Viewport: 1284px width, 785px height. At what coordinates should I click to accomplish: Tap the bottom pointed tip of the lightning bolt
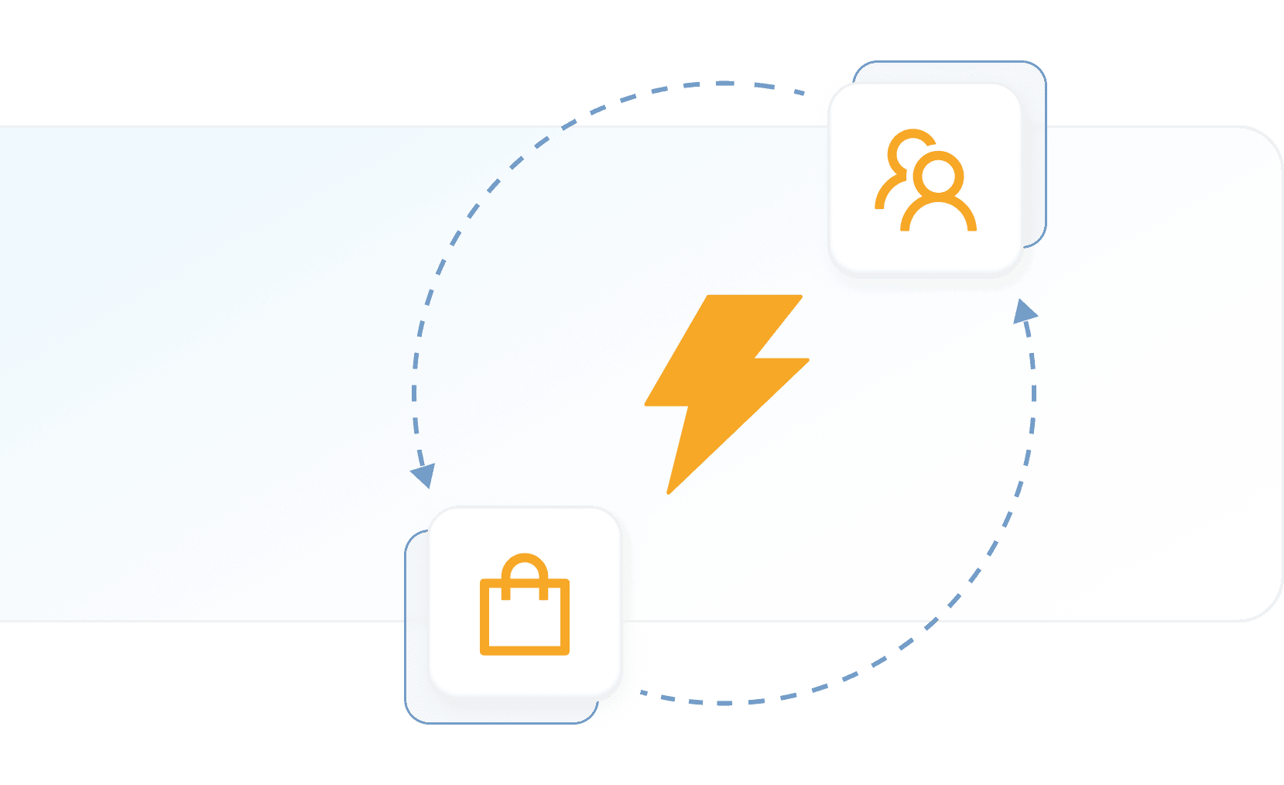(x=669, y=491)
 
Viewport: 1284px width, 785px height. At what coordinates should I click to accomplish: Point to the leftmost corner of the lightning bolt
(x=646, y=403)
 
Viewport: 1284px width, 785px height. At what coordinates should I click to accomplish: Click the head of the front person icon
(x=938, y=177)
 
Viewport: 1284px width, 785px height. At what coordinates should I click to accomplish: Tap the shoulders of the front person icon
(x=938, y=217)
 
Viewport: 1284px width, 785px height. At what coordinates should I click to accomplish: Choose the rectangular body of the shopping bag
(x=525, y=619)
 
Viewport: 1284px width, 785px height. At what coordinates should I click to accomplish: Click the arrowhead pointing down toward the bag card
(x=423, y=475)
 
